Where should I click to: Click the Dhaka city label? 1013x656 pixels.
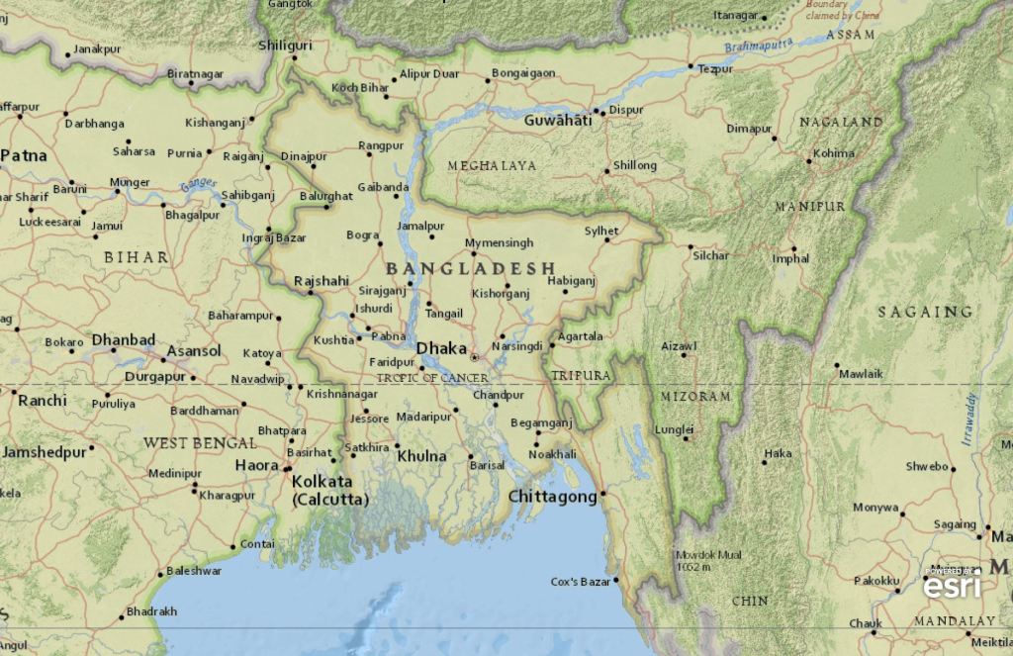pyautogui.click(x=441, y=348)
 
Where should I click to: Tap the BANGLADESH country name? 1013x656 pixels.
pyautogui.click(x=470, y=269)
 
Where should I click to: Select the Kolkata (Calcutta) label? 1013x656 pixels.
pyautogui.click(x=329, y=491)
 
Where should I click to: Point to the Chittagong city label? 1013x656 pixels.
pyautogui.click(x=552, y=497)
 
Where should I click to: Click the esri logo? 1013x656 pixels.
pyautogui.click(x=952, y=585)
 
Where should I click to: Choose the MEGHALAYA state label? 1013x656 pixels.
pyautogui.click(x=492, y=165)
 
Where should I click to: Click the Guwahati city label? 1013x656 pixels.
pyautogui.click(x=558, y=120)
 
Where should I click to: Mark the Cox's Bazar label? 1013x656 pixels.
pyautogui.click(x=581, y=581)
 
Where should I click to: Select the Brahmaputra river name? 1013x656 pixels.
pyautogui.click(x=759, y=46)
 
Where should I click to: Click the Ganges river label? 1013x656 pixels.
pyautogui.click(x=198, y=184)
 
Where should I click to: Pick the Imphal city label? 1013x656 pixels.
pyautogui.click(x=790, y=259)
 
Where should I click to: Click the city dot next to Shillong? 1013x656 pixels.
pyautogui.click(x=606, y=171)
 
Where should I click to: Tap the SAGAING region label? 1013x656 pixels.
pyautogui.click(x=925, y=312)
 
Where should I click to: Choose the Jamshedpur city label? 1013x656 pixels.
pyautogui.click(x=44, y=451)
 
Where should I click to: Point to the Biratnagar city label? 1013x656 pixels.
pyautogui.click(x=195, y=74)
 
